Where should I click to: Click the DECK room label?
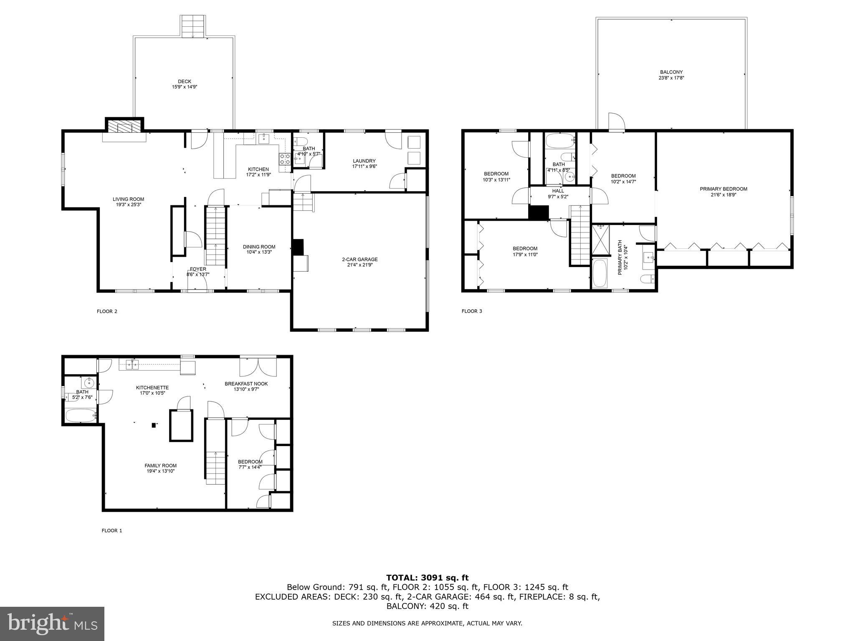click(x=184, y=84)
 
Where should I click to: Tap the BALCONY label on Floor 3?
click(x=671, y=75)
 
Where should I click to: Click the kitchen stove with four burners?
click(x=285, y=159)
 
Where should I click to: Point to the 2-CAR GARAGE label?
click(x=359, y=262)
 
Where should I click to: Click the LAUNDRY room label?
click(x=364, y=163)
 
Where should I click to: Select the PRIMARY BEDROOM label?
click(x=723, y=192)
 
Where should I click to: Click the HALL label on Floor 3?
click(x=558, y=193)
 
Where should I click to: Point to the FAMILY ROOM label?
click(x=160, y=468)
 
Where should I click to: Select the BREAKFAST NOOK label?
click(x=246, y=386)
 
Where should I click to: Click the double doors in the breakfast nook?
click(x=258, y=366)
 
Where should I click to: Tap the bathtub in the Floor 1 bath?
click(x=81, y=416)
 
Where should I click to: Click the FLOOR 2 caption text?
click(x=107, y=311)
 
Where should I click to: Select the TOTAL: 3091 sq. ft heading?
click(x=427, y=578)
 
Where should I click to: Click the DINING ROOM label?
click(x=259, y=249)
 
